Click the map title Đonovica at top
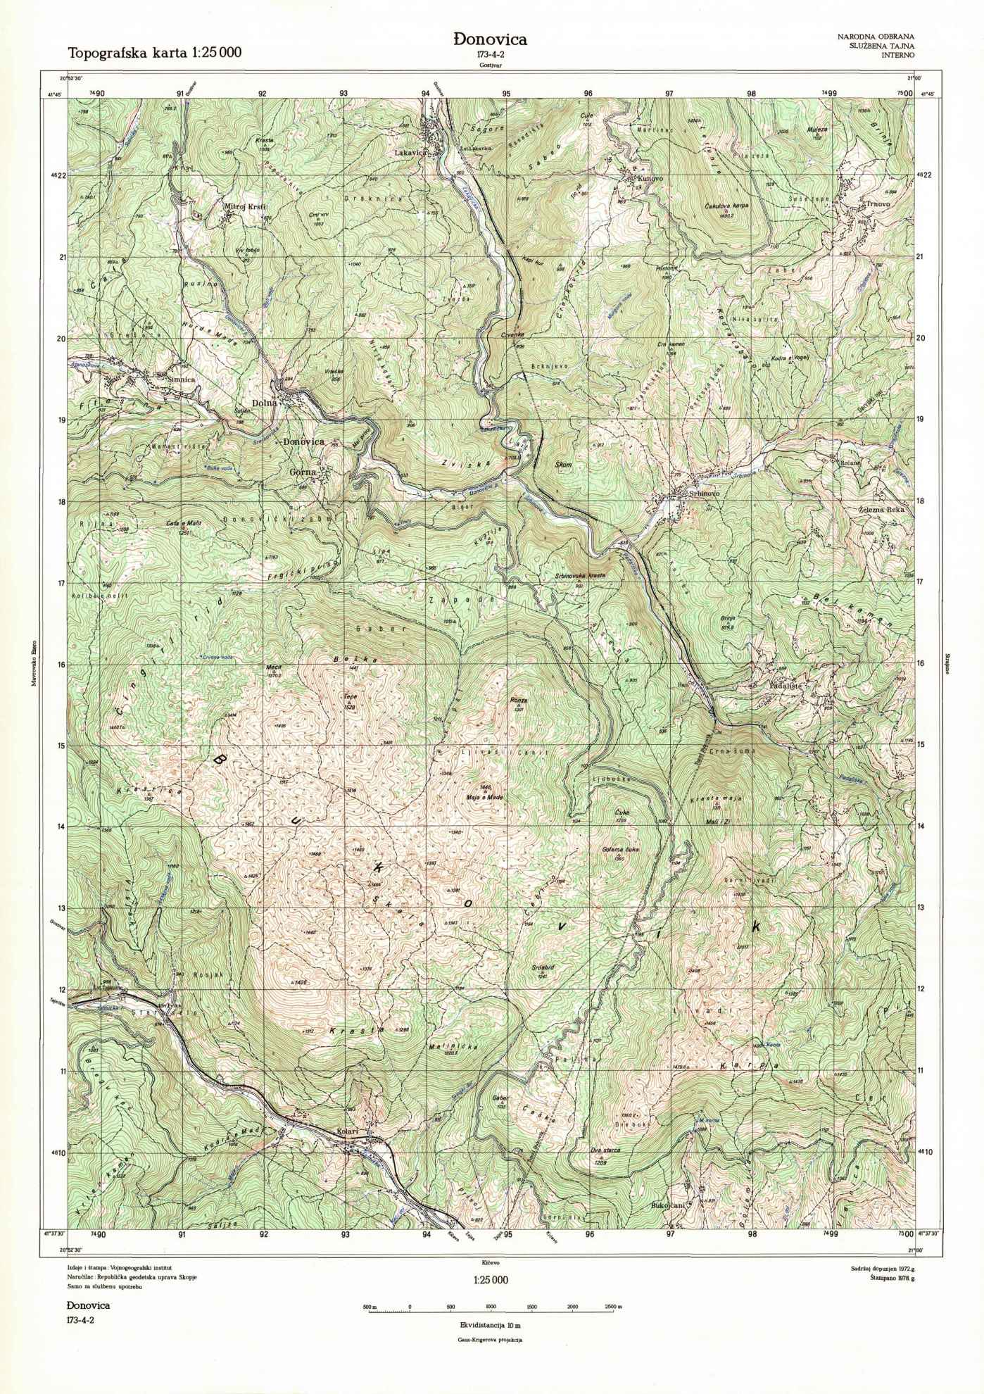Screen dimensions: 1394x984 coord(491,40)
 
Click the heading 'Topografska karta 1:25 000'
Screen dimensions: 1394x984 coord(154,51)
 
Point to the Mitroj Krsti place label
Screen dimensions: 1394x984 coord(241,207)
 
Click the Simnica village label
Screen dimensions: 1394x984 coord(181,379)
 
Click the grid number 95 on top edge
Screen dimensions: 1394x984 coord(506,93)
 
